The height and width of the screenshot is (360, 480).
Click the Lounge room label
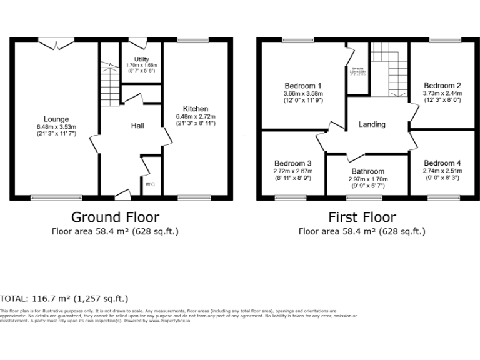pyautogui.click(x=56, y=119)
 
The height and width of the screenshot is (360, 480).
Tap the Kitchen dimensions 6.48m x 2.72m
pyautogui.click(x=195, y=116)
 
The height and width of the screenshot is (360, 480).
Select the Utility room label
pyautogui.click(x=142, y=59)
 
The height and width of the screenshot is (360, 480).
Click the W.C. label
pyautogui.click(x=151, y=184)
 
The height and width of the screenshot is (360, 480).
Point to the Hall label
pyautogui.click(x=137, y=126)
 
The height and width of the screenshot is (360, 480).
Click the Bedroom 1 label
pyautogui.click(x=303, y=86)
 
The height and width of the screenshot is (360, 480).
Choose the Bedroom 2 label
pyautogui.click(x=442, y=86)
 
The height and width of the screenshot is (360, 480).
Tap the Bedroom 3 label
pyautogui.click(x=292, y=164)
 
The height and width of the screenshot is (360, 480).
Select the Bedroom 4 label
pyautogui.click(x=442, y=163)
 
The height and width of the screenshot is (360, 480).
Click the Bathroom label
pyautogui.click(x=368, y=171)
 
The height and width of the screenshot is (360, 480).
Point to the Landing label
pyautogui.click(x=372, y=124)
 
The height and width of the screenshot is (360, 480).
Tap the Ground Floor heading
pyautogui.click(x=115, y=217)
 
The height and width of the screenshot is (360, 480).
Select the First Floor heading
pyautogui.click(x=362, y=217)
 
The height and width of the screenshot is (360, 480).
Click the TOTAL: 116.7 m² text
pyautogui.click(x=65, y=299)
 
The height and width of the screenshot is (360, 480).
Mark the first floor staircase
pyautogui.click(x=388, y=69)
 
